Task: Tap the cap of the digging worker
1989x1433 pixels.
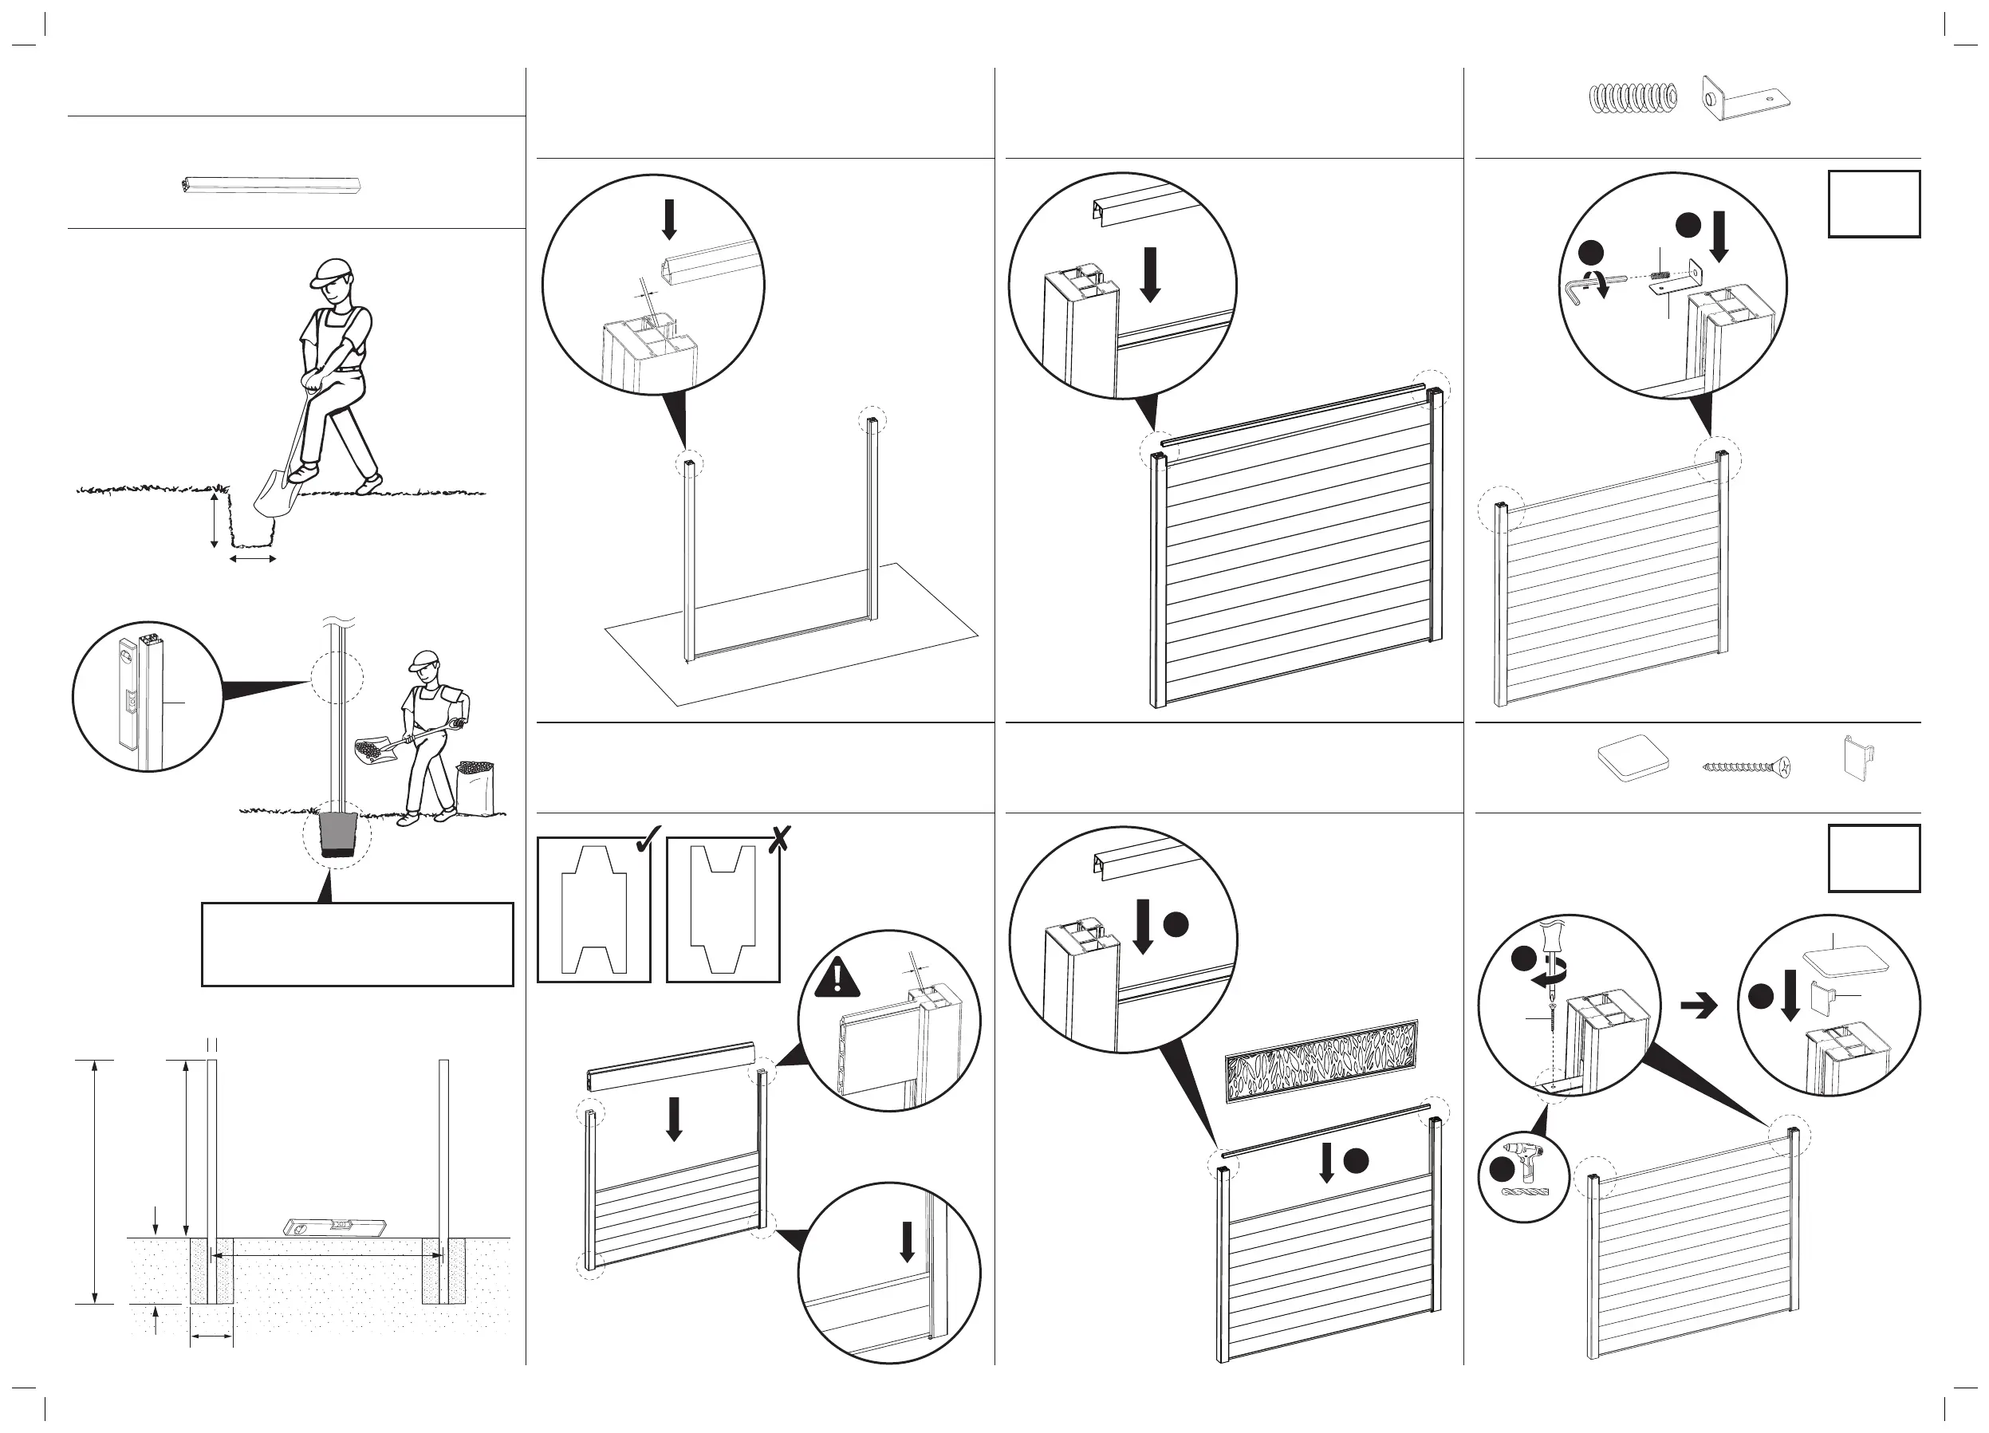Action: click(329, 273)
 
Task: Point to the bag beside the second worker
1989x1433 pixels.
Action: click(475, 789)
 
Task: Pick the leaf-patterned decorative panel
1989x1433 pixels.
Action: click(1321, 1061)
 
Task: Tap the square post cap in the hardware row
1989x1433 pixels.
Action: click(1632, 759)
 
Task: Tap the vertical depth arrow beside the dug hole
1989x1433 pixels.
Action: click(214, 520)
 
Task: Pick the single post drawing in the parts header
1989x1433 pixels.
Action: click(272, 186)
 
